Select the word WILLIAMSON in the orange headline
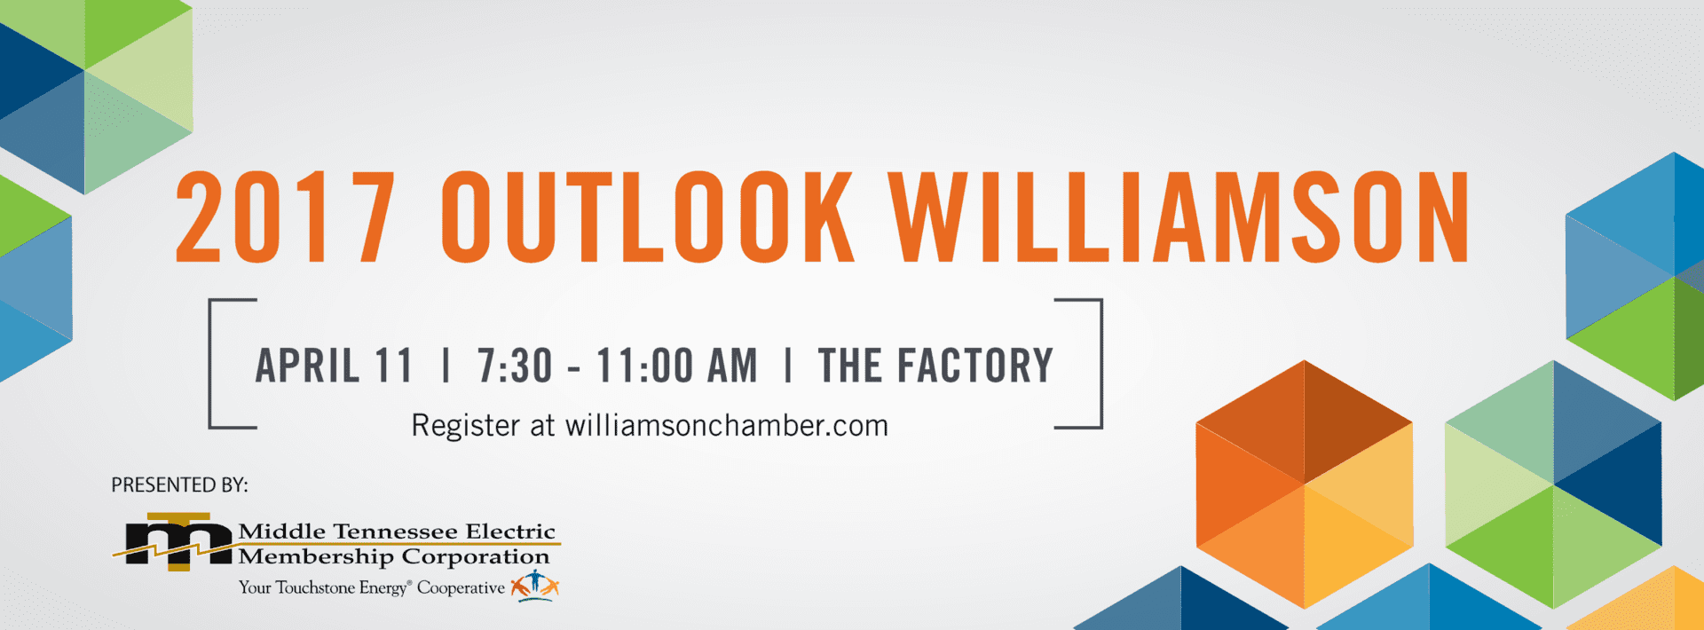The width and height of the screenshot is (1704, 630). pos(1179,217)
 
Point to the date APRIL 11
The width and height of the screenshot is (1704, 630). pos(335,366)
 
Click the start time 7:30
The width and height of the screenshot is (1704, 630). pos(515,366)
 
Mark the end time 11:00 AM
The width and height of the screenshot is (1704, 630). pos(677,366)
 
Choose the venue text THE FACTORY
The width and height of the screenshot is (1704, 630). pos(935,366)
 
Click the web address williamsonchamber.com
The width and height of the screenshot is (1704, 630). pos(727,425)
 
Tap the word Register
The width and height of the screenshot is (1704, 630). pos(465,426)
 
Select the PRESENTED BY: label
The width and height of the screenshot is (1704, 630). pos(179,485)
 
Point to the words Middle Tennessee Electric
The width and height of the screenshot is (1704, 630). pos(397,532)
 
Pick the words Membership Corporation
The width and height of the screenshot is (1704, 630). pos(394,557)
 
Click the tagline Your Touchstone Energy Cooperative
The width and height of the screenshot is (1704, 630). pos(371,587)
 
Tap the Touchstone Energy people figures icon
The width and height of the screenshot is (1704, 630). pos(534,586)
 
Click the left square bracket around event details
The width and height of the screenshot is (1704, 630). pos(210,364)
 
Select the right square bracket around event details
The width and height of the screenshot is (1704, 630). pos(1100,364)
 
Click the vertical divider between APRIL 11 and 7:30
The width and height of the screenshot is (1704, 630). pos(446,366)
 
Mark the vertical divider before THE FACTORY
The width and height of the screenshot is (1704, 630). pos(788,366)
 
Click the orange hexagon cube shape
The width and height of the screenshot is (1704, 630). pos(1304,484)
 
